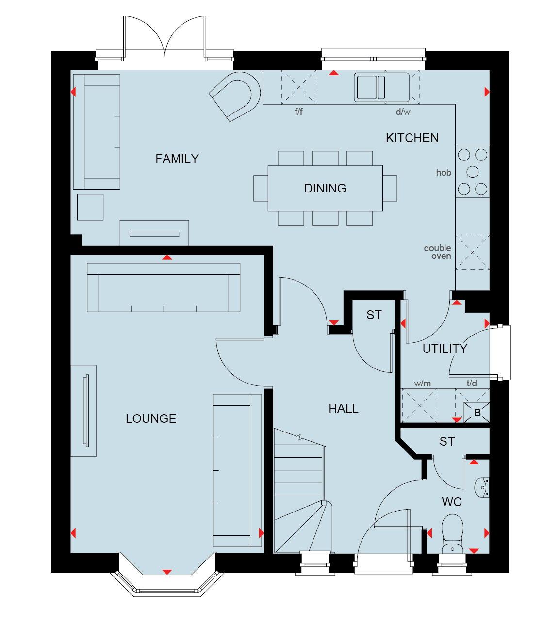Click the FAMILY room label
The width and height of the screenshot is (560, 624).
pos(177,159)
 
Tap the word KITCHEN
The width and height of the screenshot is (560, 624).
pos(412,138)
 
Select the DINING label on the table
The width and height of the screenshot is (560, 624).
pos(325,188)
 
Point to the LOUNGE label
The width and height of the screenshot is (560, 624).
pos(151,418)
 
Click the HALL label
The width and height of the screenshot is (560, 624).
pos(344,408)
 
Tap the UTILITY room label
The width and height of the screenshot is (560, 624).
pos(445,349)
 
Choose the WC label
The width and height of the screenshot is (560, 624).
pos(452,502)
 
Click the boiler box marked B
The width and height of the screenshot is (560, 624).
pos(477,413)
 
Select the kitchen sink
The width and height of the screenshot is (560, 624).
pos(382,87)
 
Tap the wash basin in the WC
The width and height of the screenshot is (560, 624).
pos(482,488)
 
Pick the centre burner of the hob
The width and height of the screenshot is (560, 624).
pos(473,172)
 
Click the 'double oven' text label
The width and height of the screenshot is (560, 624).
pos(437,252)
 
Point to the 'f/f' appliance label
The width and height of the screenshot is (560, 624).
pos(298,112)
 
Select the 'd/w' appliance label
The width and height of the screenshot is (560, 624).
pos(403,112)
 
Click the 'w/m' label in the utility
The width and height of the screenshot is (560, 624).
pos(423,383)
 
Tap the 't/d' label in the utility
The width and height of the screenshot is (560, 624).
pos(472,383)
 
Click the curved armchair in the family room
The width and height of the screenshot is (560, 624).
pos(235,96)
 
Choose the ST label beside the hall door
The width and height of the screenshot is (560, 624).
pos(374,315)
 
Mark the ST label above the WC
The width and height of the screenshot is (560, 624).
pos(447,441)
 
